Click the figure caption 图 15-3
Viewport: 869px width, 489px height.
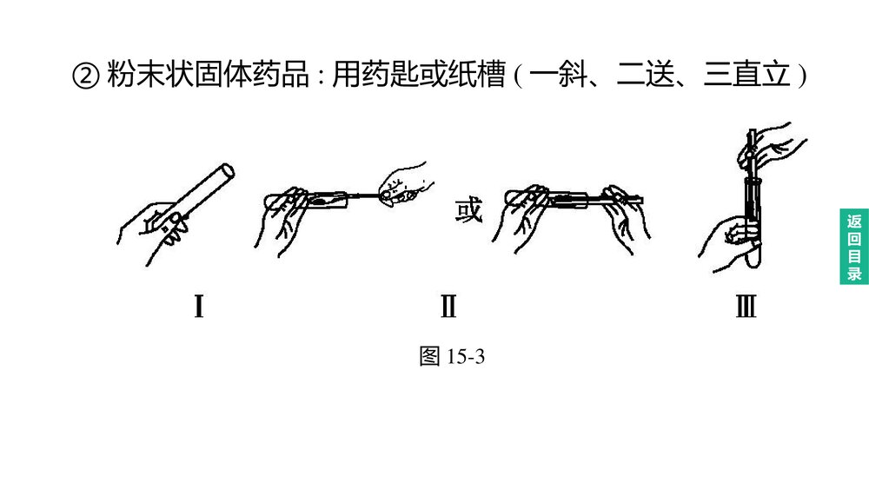point(450,357)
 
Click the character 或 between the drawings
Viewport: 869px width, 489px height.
point(468,211)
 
